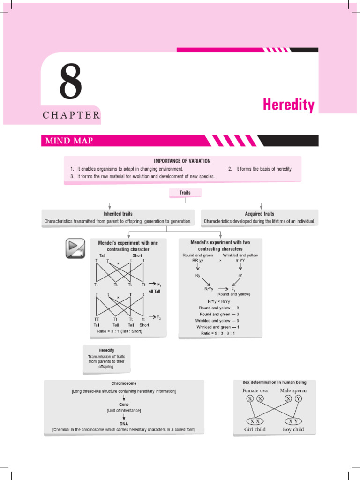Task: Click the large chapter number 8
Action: coord(70,83)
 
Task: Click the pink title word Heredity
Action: coord(288,105)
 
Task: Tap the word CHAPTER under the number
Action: coord(71,115)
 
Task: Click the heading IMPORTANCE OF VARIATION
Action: coord(182,161)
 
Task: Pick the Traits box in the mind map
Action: coord(185,193)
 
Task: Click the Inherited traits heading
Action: coord(118,214)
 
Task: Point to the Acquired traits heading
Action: coord(259,214)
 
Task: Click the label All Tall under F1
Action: coord(154,291)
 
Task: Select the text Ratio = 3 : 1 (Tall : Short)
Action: coord(120,331)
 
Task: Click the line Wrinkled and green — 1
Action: coord(218,327)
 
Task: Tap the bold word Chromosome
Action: coord(124,383)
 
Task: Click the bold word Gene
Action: coord(124,404)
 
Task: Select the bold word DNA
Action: coord(124,423)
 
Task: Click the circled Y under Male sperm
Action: coord(299,399)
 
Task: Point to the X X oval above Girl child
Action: coord(255,421)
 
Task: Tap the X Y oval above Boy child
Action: coord(293,421)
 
